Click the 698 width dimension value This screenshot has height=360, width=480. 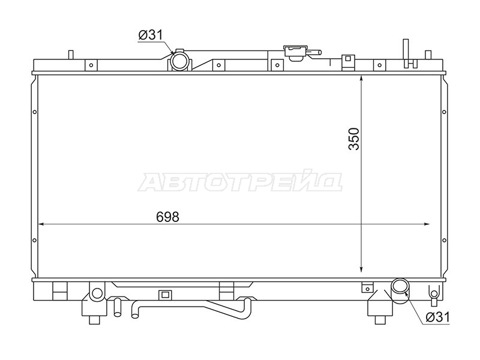point(167,217)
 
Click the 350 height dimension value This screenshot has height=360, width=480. point(353,139)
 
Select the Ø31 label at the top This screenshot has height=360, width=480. point(151,35)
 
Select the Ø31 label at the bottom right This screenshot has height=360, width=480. point(437,317)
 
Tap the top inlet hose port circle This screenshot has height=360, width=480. point(179,61)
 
